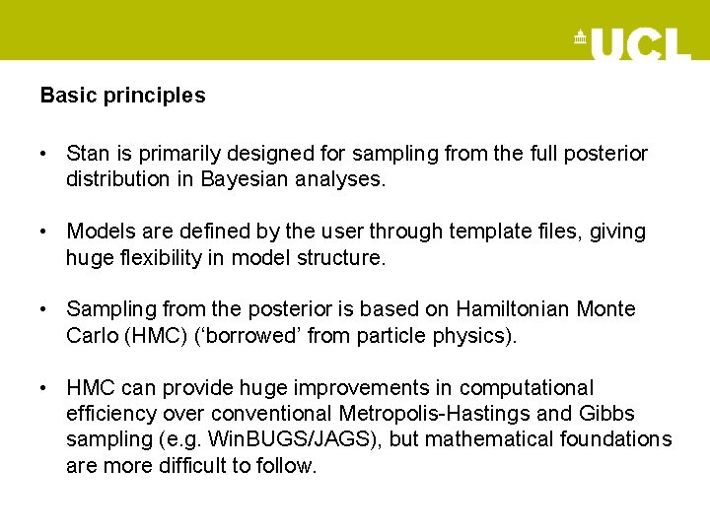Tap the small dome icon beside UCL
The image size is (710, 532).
580,37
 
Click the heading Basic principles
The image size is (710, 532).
122,96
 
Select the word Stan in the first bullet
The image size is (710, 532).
86,154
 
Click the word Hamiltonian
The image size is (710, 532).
515,309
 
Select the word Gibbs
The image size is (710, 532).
608,414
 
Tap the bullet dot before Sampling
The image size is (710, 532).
45,309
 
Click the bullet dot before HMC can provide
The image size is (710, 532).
45,388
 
